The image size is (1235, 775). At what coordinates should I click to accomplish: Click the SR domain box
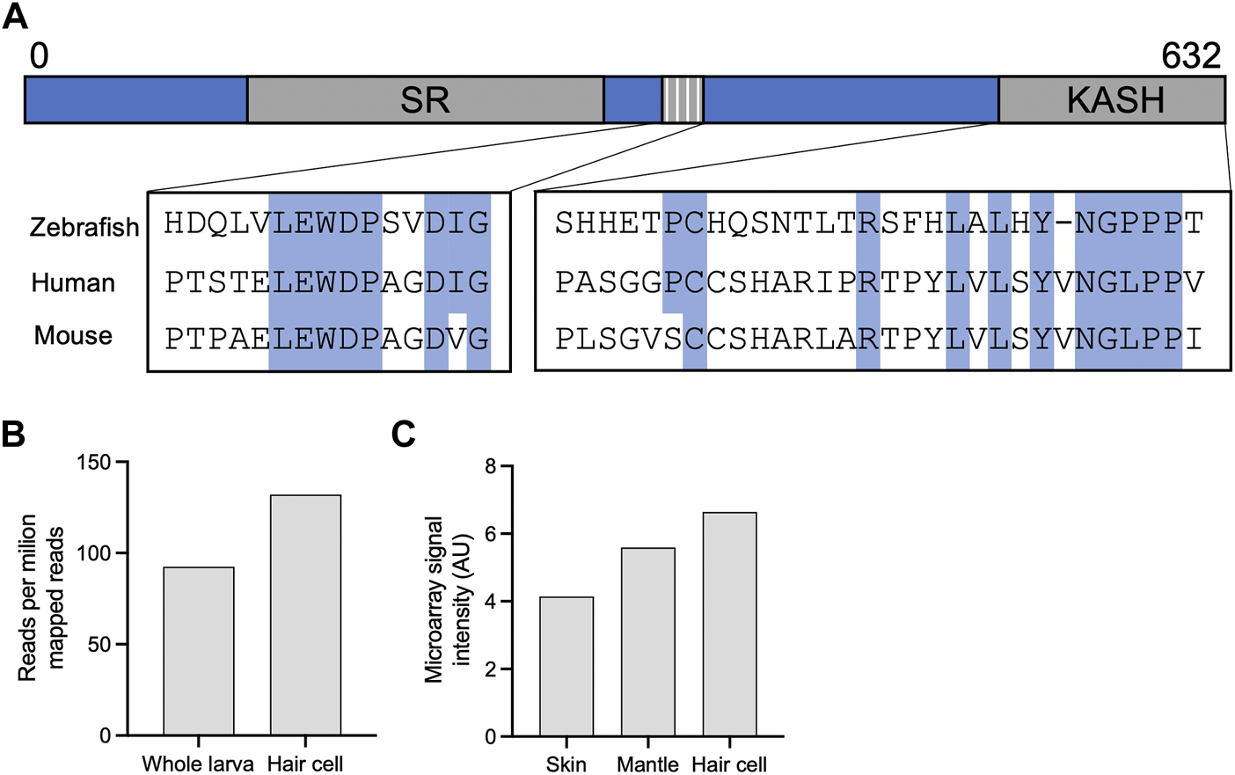tap(425, 99)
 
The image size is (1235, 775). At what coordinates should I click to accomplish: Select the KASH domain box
tap(1112, 99)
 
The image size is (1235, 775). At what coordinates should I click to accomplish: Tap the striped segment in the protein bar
tap(683, 99)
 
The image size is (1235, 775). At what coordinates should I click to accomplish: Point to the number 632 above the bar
tap(1190, 56)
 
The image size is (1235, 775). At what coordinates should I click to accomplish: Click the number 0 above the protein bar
tap(39, 56)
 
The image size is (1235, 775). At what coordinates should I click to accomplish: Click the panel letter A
tap(15, 16)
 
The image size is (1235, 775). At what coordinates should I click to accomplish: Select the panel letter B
tap(13, 434)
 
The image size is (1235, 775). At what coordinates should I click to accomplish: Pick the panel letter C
tap(403, 434)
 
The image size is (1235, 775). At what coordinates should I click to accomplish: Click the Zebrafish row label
tap(84, 227)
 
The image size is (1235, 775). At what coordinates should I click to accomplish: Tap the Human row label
tap(73, 282)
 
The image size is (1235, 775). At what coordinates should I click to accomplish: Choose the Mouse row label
tap(73, 335)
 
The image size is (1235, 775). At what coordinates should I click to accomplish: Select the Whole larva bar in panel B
tap(199, 651)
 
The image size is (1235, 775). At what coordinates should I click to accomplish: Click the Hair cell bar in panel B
tap(305, 615)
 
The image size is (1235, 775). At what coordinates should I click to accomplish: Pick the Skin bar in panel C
tap(566, 666)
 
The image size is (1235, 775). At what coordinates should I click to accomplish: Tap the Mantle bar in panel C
tap(647, 641)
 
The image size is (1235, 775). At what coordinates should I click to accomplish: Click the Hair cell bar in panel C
tap(729, 624)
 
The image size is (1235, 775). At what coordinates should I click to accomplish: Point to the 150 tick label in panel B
tap(94, 463)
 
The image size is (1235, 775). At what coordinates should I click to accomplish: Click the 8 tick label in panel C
tap(491, 466)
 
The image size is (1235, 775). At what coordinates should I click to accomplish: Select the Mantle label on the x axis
tap(647, 764)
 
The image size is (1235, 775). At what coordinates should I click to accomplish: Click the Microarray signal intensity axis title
tap(448, 600)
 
